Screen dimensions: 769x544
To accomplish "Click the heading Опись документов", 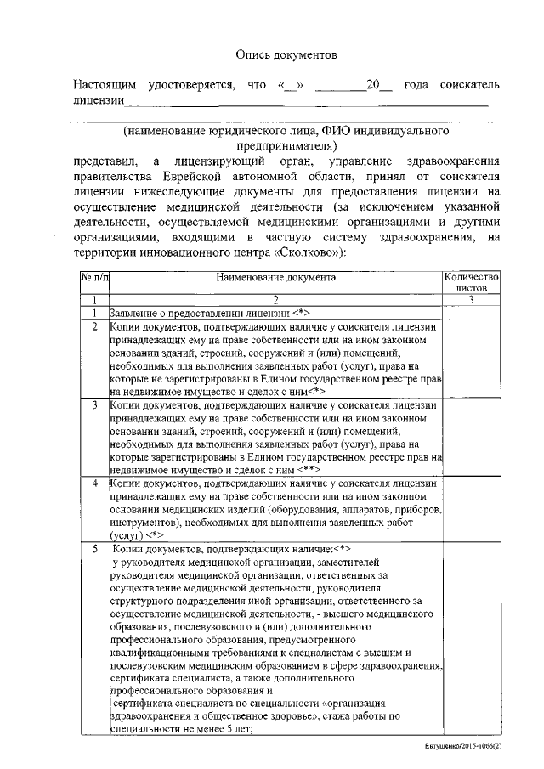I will click(286, 54).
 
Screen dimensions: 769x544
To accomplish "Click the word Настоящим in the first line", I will click(105, 86).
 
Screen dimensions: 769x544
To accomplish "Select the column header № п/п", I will click(94, 277).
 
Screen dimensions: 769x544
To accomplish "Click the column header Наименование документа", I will click(276, 277).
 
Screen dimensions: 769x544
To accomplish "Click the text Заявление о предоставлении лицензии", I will click(199, 312).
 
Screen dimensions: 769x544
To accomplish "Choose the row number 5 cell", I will click(94, 550).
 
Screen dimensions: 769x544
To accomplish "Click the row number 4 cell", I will click(94, 483).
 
